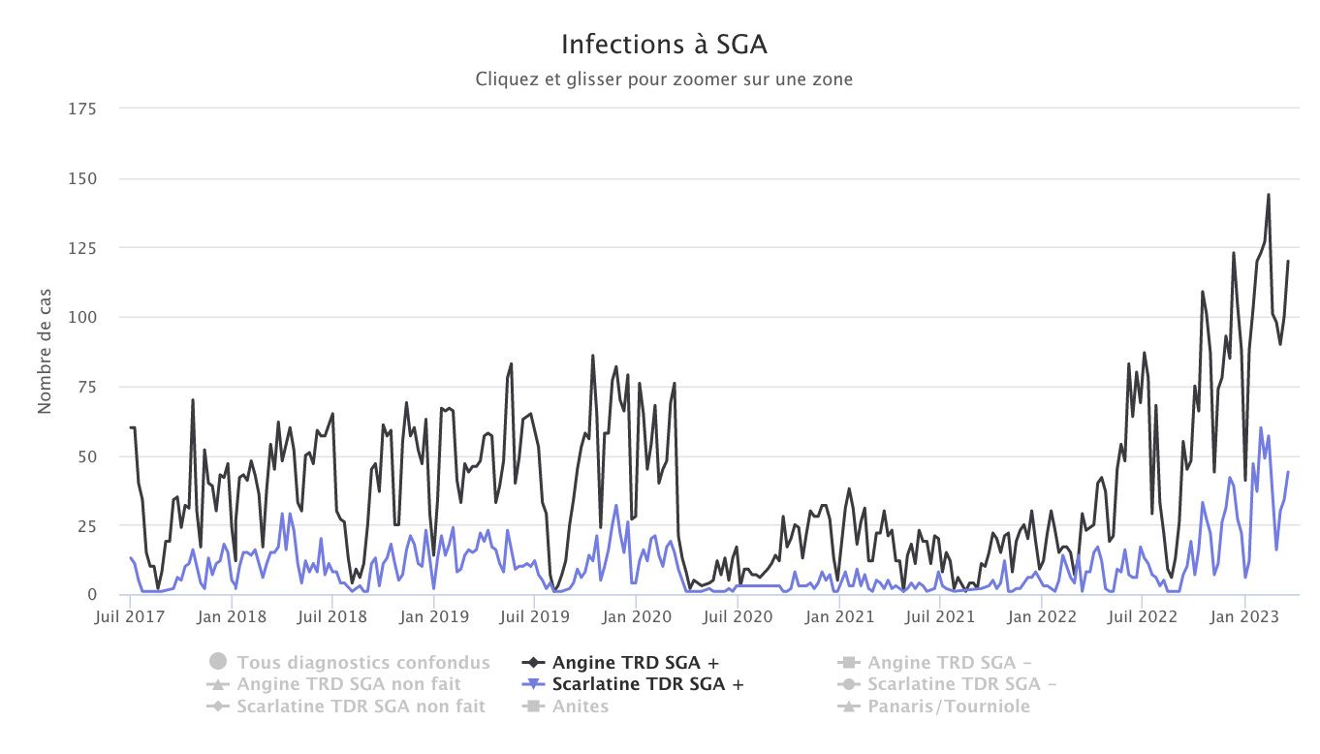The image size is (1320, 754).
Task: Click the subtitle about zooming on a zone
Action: [x=664, y=79]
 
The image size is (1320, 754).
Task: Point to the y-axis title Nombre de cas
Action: [x=45, y=352]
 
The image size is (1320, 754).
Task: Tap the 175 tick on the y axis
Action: [x=82, y=109]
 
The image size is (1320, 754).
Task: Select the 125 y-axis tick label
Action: [x=82, y=247]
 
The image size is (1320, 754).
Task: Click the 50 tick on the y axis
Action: [x=87, y=456]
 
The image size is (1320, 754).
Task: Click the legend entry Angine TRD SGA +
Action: [x=635, y=663]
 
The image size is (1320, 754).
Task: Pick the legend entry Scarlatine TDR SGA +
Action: [x=647, y=684]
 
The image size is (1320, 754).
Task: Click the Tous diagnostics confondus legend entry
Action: [x=362, y=663]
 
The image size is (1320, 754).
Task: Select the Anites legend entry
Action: [x=580, y=706]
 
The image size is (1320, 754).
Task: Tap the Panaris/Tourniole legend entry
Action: [x=948, y=706]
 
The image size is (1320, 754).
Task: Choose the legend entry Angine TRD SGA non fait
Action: [x=361, y=684]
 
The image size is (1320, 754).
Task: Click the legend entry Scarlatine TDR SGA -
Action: [x=961, y=684]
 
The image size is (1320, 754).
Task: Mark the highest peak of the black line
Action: [x=1268, y=195]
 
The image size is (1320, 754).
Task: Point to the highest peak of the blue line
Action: [x=1261, y=427]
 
